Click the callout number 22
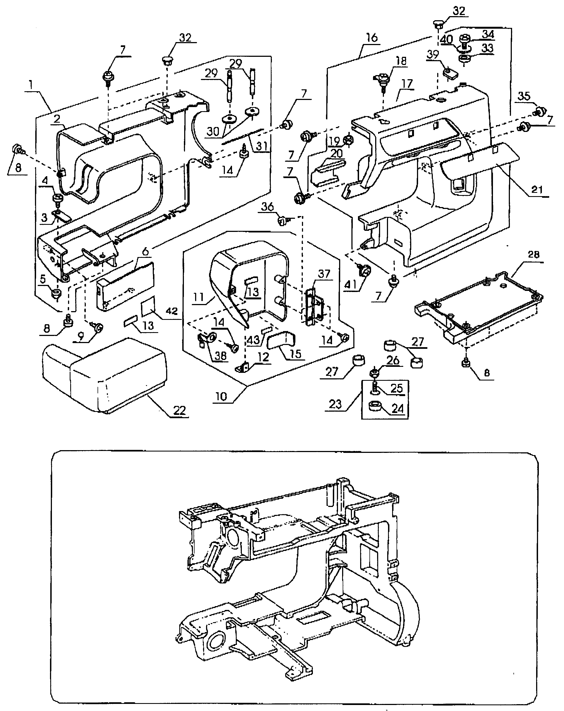[x=180, y=410]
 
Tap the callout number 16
[x=372, y=38]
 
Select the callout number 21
[x=537, y=189]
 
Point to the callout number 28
[x=533, y=254]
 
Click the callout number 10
[x=221, y=396]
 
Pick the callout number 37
[x=324, y=273]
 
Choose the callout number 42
[x=172, y=311]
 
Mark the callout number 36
[x=267, y=207]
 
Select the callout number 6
[x=145, y=252]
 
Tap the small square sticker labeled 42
[x=148, y=306]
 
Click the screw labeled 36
[x=282, y=220]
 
